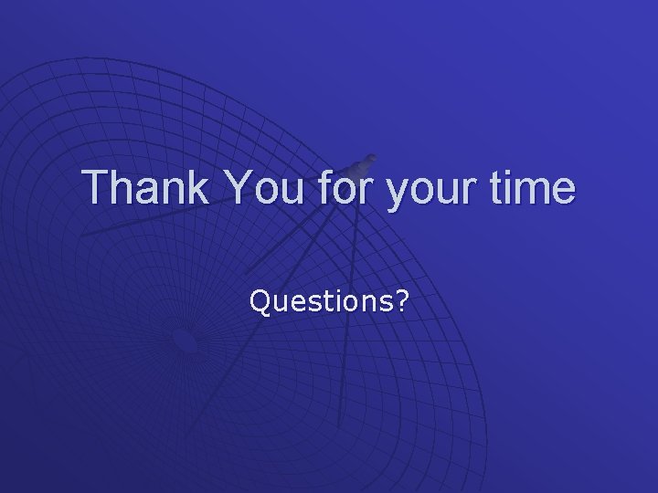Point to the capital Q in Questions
coord(260,301)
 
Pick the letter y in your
coord(396,192)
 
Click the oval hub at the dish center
coord(185,342)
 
